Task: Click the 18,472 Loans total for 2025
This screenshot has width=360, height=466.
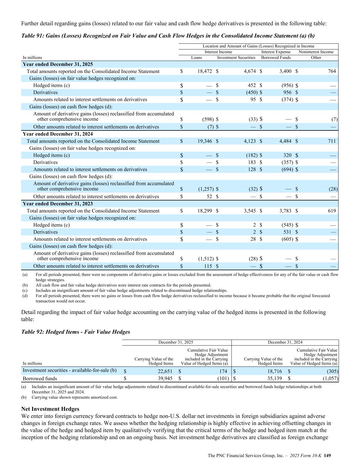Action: point(205,71)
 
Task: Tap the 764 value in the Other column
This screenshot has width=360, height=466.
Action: point(332,71)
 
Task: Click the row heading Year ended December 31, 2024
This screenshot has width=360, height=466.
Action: point(58,134)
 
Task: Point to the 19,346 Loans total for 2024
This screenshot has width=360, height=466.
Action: point(205,141)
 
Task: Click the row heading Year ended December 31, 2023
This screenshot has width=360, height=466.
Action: point(58,204)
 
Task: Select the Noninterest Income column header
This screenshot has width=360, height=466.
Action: point(316,52)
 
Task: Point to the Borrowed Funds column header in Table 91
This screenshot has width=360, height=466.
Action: point(276,58)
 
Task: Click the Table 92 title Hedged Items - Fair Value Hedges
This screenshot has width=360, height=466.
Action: point(75,332)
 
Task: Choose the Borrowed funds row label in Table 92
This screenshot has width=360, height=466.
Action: point(40,378)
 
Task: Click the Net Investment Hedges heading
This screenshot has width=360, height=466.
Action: point(50,409)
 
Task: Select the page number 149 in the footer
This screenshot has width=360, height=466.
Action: point(328,456)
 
